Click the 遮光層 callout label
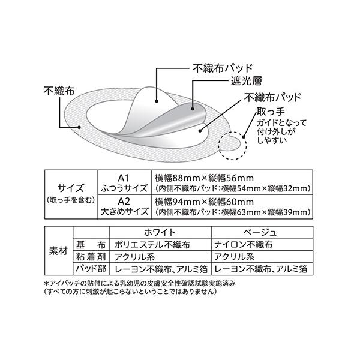246,81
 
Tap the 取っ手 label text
271,112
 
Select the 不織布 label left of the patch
59,91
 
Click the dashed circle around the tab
233,132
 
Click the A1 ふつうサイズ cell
124,182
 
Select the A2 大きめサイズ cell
124,206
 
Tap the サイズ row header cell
71,194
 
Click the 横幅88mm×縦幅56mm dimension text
204,178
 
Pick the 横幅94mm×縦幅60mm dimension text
204,202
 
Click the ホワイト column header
160,232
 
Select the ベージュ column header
262,232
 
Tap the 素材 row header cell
59,251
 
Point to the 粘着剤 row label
91,256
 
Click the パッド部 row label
91,269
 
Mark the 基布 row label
91,245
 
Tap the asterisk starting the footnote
46,284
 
